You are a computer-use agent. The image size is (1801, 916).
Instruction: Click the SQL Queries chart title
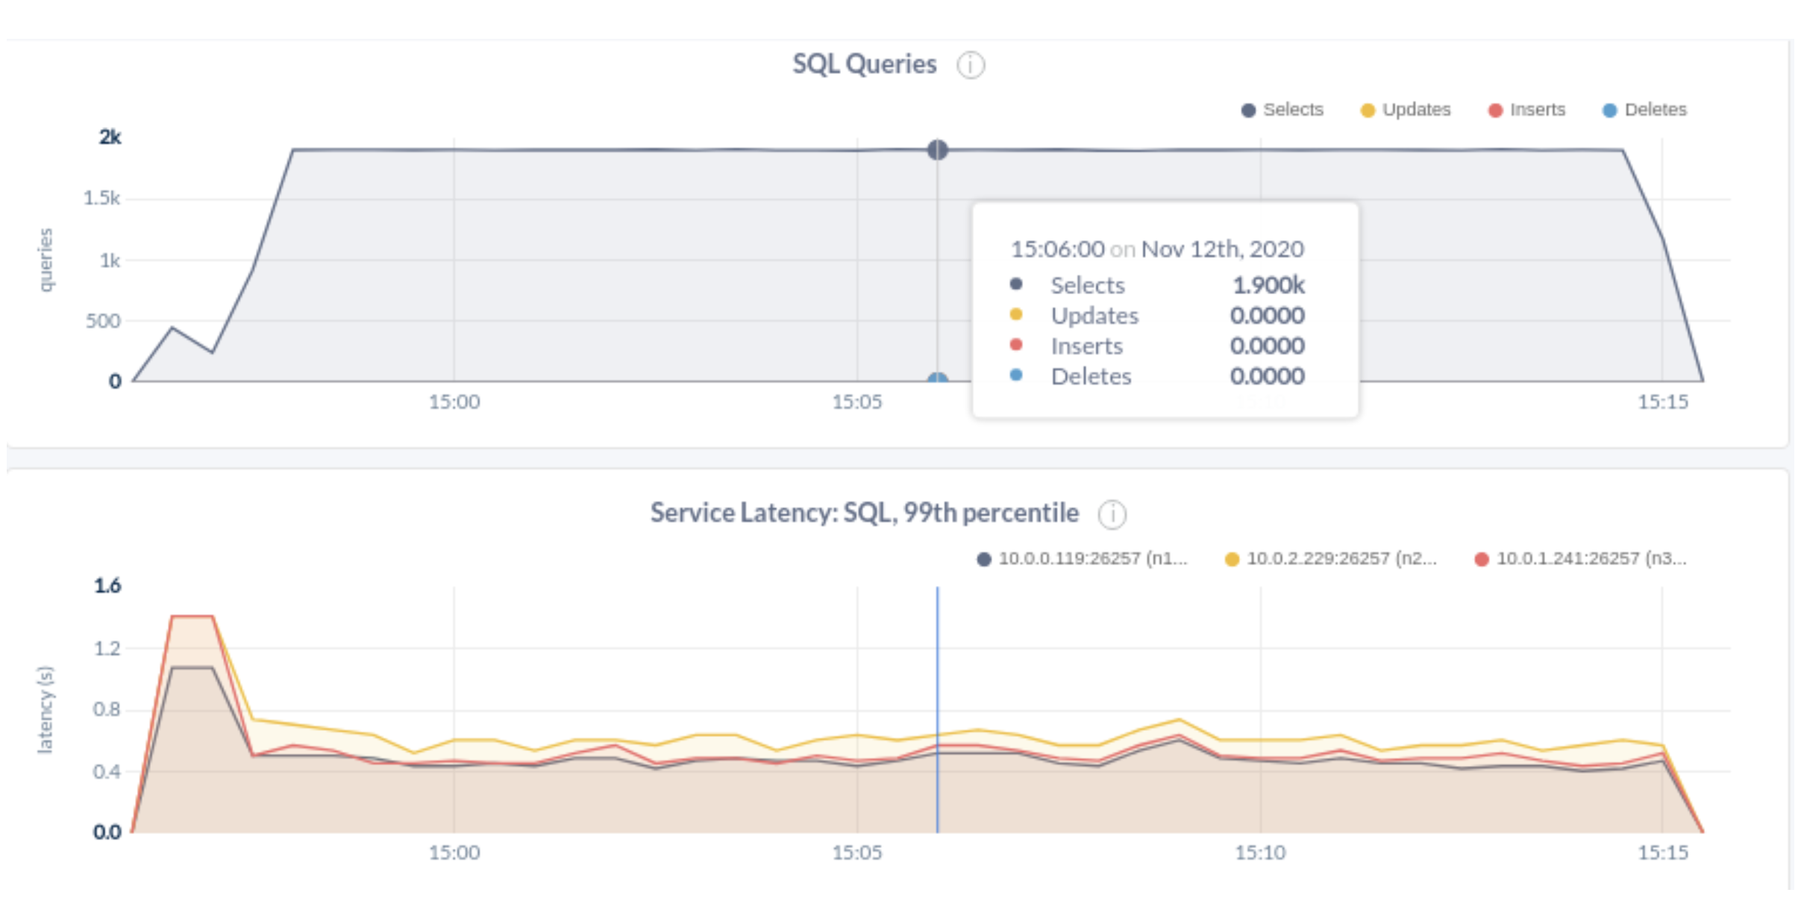[x=864, y=64]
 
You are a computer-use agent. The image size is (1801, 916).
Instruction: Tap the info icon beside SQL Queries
[x=971, y=66]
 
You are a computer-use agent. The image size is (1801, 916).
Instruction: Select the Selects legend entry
[x=1283, y=110]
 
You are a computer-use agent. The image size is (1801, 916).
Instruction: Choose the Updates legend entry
[x=1406, y=110]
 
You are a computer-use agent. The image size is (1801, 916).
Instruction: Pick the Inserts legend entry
[x=1528, y=110]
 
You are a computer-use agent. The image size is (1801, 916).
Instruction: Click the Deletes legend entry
[x=1645, y=110]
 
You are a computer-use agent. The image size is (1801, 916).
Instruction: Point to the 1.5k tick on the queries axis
[x=101, y=199]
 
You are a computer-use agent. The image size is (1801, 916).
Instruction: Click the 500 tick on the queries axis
[x=102, y=321]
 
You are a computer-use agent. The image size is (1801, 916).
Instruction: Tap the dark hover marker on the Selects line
[x=937, y=150]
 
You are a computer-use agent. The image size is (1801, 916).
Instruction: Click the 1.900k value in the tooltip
[x=1268, y=285]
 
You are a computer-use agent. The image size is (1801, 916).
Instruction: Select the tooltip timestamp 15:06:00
[x=1057, y=249]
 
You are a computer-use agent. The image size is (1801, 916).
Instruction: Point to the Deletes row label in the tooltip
[x=1091, y=376]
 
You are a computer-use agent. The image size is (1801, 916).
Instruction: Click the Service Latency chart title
[x=864, y=513]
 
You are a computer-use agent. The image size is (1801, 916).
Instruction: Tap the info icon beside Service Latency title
[x=1112, y=514]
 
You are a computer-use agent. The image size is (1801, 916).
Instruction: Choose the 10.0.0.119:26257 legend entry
[x=1083, y=559]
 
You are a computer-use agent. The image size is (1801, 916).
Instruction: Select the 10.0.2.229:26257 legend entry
[x=1332, y=559]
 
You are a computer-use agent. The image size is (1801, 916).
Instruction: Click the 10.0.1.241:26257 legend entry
[x=1582, y=559]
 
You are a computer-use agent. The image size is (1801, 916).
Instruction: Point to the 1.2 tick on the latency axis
[x=107, y=648]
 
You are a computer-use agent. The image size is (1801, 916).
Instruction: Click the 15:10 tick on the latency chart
[x=1260, y=853]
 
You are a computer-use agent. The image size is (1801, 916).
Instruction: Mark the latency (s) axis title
[x=46, y=709]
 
